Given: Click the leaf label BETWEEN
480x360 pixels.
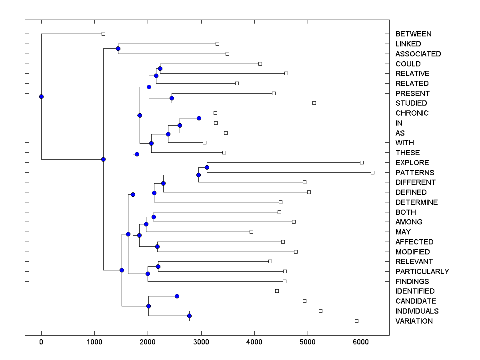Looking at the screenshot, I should [413, 34].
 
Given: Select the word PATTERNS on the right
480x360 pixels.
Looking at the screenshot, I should [414, 173].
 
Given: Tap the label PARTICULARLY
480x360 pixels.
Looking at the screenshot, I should [422, 272].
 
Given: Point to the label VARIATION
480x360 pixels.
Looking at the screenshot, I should [414, 321].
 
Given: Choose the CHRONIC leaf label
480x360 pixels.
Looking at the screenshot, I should [412, 113].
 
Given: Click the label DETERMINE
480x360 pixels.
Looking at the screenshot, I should [416, 202].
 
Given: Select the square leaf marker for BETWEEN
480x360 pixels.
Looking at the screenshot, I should [103, 34].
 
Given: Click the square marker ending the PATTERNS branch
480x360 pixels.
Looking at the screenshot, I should [372, 172].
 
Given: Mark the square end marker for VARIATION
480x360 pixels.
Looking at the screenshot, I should [356, 321].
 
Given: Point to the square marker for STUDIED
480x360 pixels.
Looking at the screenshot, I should [314, 103].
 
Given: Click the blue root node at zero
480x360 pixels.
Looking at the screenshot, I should [41, 96].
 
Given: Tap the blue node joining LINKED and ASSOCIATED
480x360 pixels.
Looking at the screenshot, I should [118, 48].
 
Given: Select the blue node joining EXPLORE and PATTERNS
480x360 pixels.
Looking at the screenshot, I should [207, 167].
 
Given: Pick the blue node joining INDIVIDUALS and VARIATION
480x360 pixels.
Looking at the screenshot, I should [189, 316].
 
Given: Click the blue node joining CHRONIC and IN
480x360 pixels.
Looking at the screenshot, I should [199, 118].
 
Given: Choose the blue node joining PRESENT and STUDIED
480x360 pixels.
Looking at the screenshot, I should [172, 98].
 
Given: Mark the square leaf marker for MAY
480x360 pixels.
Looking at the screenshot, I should [251, 232].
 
